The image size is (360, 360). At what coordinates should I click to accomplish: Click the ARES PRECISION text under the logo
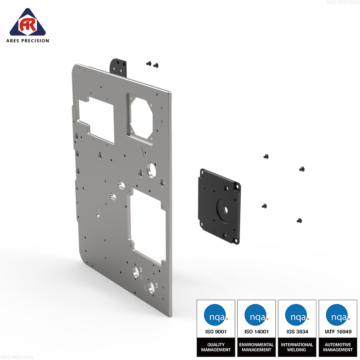pyautogui.click(x=27, y=41)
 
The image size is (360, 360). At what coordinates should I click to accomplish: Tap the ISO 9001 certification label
pyautogui.click(x=216, y=332)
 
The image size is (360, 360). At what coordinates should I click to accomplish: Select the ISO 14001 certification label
pyautogui.click(x=256, y=332)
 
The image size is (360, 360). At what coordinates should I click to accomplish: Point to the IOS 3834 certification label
pyautogui.click(x=297, y=332)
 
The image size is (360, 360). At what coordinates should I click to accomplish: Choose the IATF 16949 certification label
pyautogui.click(x=338, y=332)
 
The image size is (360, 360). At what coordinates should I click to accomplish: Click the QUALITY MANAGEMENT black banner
pyautogui.click(x=216, y=347)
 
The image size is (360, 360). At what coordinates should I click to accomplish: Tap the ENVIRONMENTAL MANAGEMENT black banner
pyautogui.click(x=256, y=347)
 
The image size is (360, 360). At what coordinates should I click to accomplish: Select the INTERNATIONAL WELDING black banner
pyautogui.click(x=297, y=347)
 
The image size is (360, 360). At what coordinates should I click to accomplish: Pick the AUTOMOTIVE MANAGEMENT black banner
pyautogui.click(x=338, y=347)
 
